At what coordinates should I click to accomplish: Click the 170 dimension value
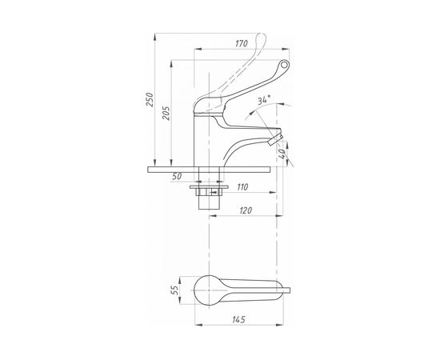pyautogui.click(x=242, y=43)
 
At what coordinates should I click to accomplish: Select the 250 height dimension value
pyautogui.click(x=150, y=99)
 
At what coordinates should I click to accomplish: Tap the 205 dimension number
pyautogui.click(x=166, y=113)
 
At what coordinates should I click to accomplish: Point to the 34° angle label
pyautogui.click(x=264, y=100)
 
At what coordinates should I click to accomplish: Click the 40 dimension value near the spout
pyautogui.click(x=282, y=154)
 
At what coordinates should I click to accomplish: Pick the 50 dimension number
pyautogui.click(x=177, y=177)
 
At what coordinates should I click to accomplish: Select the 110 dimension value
pyautogui.click(x=242, y=187)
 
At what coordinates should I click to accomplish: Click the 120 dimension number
pyautogui.click(x=246, y=210)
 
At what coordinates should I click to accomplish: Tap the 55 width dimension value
pyautogui.click(x=174, y=290)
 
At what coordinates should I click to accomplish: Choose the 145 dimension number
pyautogui.click(x=239, y=319)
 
